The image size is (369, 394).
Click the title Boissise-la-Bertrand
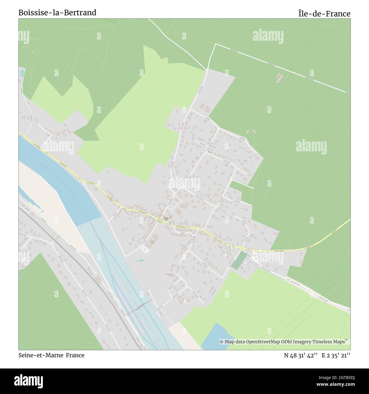coord(57,12)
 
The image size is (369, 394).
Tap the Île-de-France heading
coord(324,14)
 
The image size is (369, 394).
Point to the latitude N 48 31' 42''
coord(301,355)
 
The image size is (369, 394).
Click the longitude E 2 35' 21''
coord(336,355)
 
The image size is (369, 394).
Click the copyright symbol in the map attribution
coord(222,342)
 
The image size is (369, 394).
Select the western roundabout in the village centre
coord(160,221)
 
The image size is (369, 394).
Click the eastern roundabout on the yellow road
coord(242,248)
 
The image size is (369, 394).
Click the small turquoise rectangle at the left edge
coord(22,73)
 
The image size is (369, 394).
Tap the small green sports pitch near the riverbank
coord(141,260)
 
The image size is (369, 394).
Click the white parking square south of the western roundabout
coord(145,249)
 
